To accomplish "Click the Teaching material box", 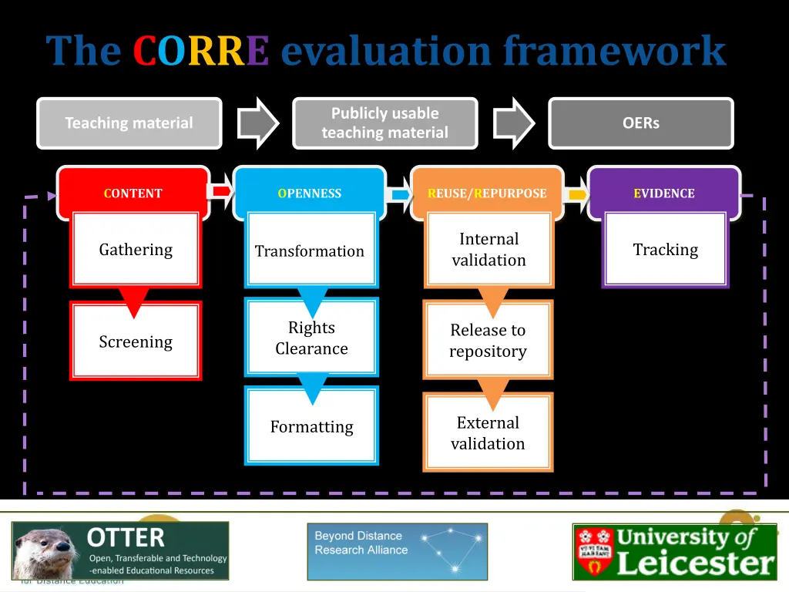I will pyautogui.click(x=129, y=123).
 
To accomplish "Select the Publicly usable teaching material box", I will pyautogui.click(x=384, y=123).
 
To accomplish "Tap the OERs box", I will pyautogui.click(x=640, y=123).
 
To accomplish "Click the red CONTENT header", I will pyautogui.click(x=133, y=193).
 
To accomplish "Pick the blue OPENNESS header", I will pyautogui.click(x=310, y=193).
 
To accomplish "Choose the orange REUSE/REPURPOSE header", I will pyautogui.click(x=487, y=193).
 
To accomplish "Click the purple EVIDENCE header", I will pyautogui.click(x=664, y=193).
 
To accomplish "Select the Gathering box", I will pyautogui.click(x=136, y=250).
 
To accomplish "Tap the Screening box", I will pyautogui.click(x=136, y=341).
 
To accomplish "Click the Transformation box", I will pyautogui.click(x=310, y=251).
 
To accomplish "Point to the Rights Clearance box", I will pyautogui.click(x=311, y=338).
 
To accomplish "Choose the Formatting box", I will pyautogui.click(x=311, y=426).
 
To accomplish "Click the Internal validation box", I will pyautogui.click(x=489, y=250).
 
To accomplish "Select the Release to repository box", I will pyautogui.click(x=488, y=340).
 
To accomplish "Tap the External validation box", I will pyautogui.click(x=488, y=432).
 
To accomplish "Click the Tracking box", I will pyautogui.click(x=665, y=250).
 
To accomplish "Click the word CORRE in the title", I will pyautogui.click(x=200, y=52).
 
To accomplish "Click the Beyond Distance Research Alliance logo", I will pyautogui.click(x=397, y=551).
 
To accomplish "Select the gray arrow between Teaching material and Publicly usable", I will pyautogui.click(x=257, y=123).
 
